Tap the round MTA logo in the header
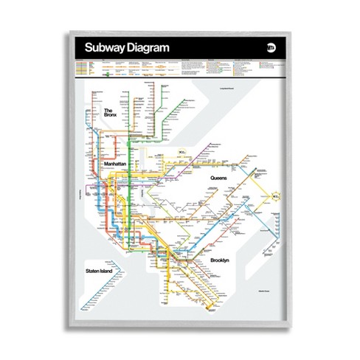(x=270, y=49)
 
